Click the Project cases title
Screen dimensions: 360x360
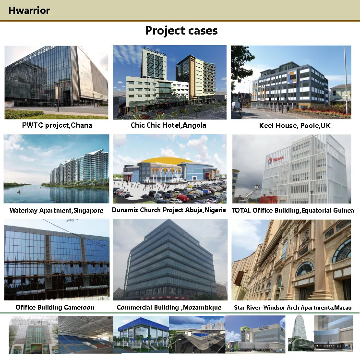pyautogui.click(x=181, y=31)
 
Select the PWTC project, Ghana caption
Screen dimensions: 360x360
pyautogui.click(x=57, y=125)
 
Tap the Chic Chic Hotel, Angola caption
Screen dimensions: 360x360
pyautogui.click(x=168, y=125)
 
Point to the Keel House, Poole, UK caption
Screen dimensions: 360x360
pyautogui.click(x=295, y=126)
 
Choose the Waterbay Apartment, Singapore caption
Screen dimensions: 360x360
pyautogui.click(x=56, y=210)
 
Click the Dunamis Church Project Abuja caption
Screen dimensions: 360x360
pyautogui.click(x=169, y=210)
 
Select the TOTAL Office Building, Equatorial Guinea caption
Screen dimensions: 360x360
pyautogui.click(x=293, y=210)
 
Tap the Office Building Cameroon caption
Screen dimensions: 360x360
pyautogui.click(x=55, y=307)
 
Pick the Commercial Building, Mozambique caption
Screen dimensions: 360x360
pyautogui.click(x=169, y=307)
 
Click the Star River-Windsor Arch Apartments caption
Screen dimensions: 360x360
pyautogui.click(x=293, y=308)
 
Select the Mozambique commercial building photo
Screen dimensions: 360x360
pyautogui.click(x=169, y=260)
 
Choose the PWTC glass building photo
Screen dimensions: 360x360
pyautogui.click(x=56, y=82)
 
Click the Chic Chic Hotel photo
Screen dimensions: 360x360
pyautogui.click(x=169, y=82)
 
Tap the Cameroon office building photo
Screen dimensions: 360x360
pyautogui.click(x=56, y=260)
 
